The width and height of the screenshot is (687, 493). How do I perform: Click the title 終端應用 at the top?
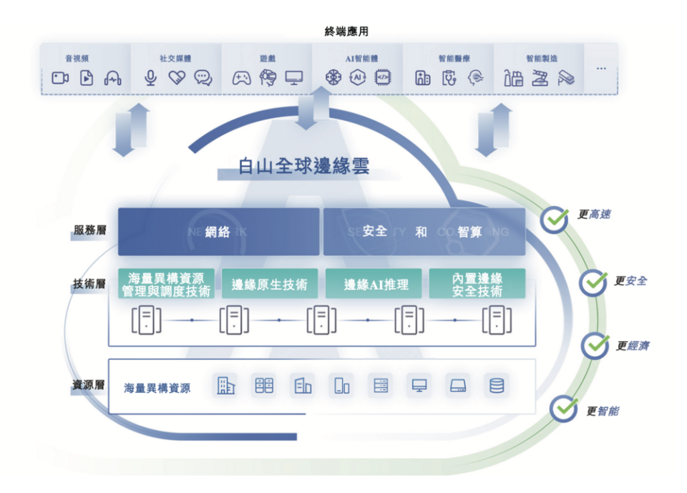coord(346,31)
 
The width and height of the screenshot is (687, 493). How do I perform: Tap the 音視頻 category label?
coord(77,58)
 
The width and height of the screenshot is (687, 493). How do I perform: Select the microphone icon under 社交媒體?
coord(150,78)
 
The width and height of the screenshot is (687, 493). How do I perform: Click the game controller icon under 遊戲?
coord(242,78)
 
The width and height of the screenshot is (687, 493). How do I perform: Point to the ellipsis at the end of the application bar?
coord(601,69)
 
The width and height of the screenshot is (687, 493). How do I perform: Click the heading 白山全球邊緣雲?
coord(304,166)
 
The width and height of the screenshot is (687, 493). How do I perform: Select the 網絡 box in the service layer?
coord(218,232)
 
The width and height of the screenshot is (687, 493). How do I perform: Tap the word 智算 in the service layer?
coord(470,232)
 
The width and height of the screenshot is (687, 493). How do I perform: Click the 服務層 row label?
coord(89,230)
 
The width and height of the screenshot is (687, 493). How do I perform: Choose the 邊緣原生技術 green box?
coord(269,284)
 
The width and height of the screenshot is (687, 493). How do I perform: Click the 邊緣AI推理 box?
coord(376,284)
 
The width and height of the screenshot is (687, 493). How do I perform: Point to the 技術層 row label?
coord(89,284)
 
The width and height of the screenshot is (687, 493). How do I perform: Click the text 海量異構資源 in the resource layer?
coord(157,388)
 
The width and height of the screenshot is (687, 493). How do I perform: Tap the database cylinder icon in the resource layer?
coord(496,386)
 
